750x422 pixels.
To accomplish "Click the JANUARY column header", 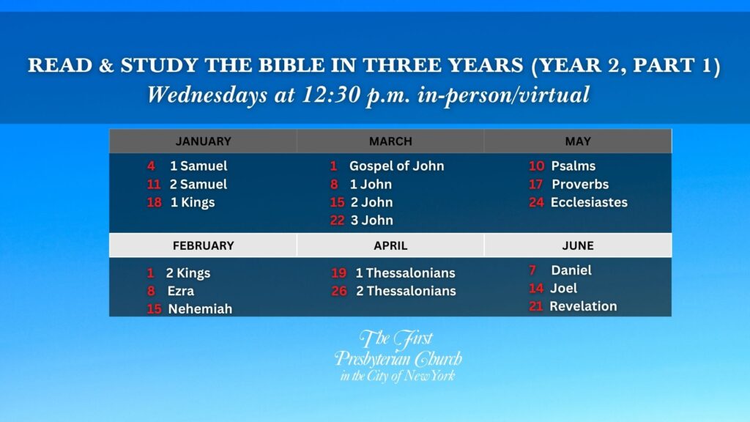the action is pyautogui.click(x=204, y=141).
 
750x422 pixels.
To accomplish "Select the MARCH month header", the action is pyautogui.click(x=390, y=141).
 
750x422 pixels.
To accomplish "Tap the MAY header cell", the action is pyautogui.click(x=578, y=141).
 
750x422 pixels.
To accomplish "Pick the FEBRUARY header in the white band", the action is pyautogui.click(x=204, y=245).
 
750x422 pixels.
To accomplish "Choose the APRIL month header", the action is pyautogui.click(x=390, y=245).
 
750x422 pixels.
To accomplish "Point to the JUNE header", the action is pyautogui.click(x=578, y=245).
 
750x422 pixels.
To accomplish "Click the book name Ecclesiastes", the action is pyautogui.click(x=589, y=202).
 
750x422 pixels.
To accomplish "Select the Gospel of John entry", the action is pyautogui.click(x=396, y=166).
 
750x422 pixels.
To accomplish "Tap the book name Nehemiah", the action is pyautogui.click(x=200, y=309).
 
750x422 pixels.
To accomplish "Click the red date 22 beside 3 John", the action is pyautogui.click(x=337, y=221).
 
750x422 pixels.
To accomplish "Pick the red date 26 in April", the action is pyautogui.click(x=339, y=291).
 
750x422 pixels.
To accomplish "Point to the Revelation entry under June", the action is pyautogui.click(x=583, y=306).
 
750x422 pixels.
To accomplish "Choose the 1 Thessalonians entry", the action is pyautogui.click(x=405, y=273).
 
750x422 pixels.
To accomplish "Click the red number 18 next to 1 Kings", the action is pyautogui.click(x=154, y=202).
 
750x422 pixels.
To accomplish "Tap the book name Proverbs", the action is pyautogui.click(x=580, y=184).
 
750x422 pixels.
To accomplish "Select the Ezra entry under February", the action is pyautogui.click(x=181, y=291).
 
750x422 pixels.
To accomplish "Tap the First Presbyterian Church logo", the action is pyautogui.click(x=398, y=355).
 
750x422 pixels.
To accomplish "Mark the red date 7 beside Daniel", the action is pyautogui.click(x=532, y=270).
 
